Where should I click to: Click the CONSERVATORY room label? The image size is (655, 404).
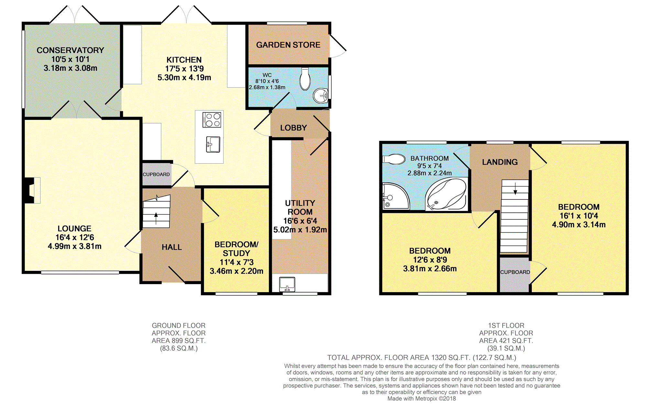[70, 50]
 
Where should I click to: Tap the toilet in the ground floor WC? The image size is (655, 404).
[305, 79]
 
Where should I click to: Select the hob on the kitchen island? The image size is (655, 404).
[212, 120]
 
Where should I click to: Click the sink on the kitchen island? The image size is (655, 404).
[213, 144]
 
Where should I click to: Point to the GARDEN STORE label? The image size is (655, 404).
[288, 45]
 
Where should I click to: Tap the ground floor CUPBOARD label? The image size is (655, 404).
[156, 174]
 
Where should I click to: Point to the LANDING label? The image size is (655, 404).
[500, 162]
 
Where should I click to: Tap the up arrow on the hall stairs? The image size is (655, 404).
[156, 218]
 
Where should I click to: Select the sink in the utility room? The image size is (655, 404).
[287, 284]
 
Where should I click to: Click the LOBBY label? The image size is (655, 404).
[293, 128]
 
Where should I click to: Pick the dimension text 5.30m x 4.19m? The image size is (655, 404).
[184, 78]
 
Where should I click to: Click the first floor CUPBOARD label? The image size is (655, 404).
[515, 272]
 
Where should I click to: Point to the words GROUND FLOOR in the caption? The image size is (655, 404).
[179, 325]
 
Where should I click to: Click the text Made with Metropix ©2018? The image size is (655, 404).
[422, 399]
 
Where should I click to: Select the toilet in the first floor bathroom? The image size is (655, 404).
[394, 159]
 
